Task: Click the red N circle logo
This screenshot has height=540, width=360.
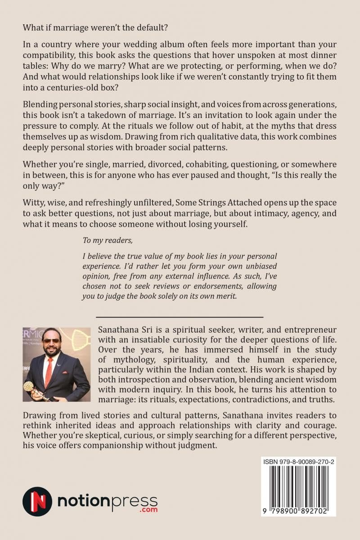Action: pos(37,501)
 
